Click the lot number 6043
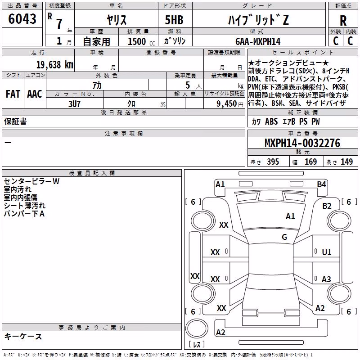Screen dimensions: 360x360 point(22,19)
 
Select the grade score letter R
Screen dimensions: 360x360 point(343,21)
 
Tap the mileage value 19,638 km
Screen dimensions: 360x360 point(55,64)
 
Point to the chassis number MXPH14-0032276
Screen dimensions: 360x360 point(302,143)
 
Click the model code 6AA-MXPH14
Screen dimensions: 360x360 point(258,41)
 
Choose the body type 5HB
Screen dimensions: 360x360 point(174,20)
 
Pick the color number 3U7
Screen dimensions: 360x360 point(74,104)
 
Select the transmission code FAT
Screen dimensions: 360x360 point(13,94)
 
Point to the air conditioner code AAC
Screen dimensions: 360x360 point(35,94)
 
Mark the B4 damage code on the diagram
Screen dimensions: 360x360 point(321,184)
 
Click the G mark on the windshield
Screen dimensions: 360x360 point(284,237)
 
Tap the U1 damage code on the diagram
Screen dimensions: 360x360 point(327,252)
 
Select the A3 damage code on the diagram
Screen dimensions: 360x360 point(326,279)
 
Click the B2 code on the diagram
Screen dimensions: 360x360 point(327,206)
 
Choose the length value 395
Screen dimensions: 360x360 point(273,162)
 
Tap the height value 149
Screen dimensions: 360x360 point(346,162)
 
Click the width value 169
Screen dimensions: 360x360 point(310,162)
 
